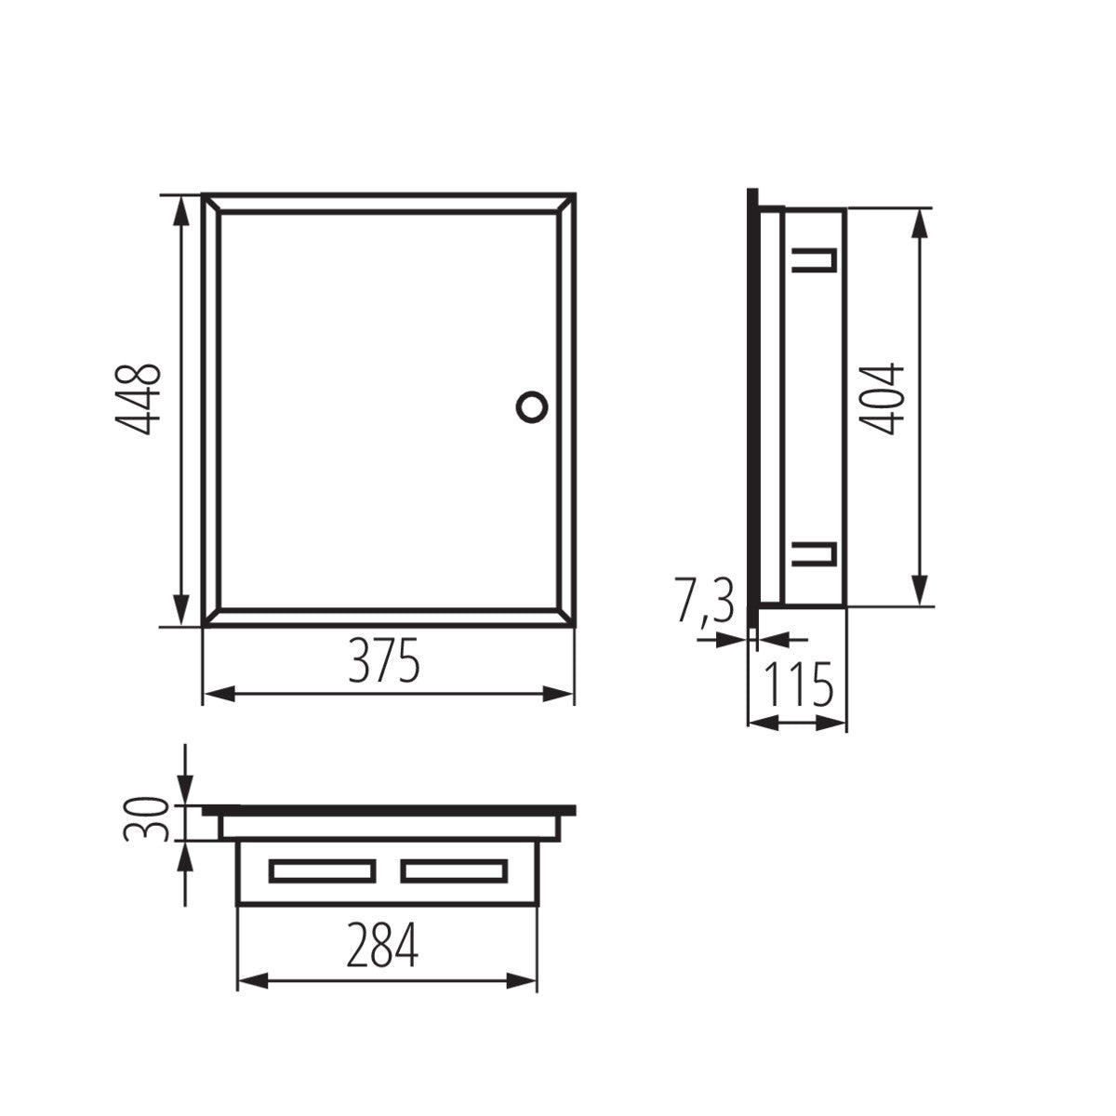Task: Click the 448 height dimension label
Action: pos(139,401)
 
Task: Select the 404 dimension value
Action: pos(882,399)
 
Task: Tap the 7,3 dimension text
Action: pos(704,603)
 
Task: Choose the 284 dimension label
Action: pos(383,947)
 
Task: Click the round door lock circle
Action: pos(532,405)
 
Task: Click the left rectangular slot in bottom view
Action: pos(322,870)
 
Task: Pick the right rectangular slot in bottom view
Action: pos(454,870)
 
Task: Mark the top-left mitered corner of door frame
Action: pos(212,204)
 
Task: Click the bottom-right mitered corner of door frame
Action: pos(566,618)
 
